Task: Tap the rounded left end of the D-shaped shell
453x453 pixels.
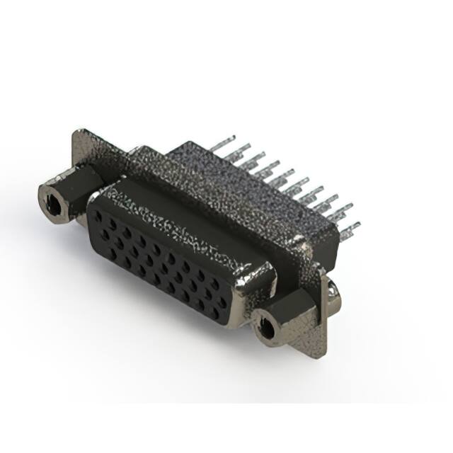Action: [x=91, y=212]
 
